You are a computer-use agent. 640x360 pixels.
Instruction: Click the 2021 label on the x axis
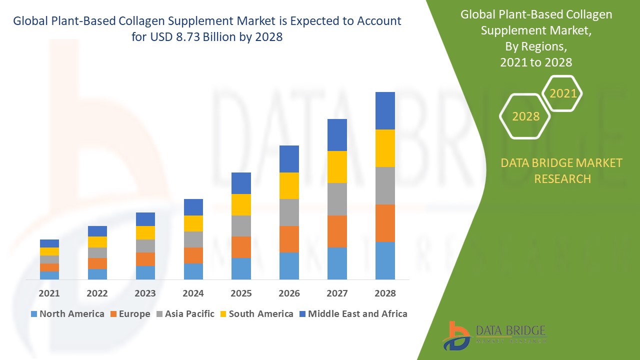(x=49, y=293)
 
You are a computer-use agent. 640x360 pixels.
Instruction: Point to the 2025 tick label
(x=241, y=293)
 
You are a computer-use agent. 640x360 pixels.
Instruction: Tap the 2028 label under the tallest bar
(x=385, y=293)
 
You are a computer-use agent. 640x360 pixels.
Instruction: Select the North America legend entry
(x=67, y=314)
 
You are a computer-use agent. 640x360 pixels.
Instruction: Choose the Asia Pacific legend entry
(x=185, y=314)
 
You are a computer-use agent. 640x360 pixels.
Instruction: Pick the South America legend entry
(x=256, y=314)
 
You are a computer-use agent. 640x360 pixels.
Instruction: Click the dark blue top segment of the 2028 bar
(x=385, y=110)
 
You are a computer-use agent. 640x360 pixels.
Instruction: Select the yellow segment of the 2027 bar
(x=337, y=167)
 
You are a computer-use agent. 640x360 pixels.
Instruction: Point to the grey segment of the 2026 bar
(x=289, y=212)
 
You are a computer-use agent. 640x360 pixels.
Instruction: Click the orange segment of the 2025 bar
(x=241, y=247)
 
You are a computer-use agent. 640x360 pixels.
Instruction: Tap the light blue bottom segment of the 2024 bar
(x=193, y=271)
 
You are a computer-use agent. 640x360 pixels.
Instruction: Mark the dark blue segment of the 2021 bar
(x=49, y=243)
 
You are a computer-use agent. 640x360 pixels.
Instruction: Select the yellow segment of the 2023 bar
(x=145, y=232)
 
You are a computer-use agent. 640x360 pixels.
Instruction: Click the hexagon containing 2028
(x=525, y=116)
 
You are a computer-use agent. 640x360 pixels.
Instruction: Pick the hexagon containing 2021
(x=562, y=93)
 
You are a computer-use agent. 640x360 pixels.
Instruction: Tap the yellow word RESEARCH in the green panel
(x=562, y=178)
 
